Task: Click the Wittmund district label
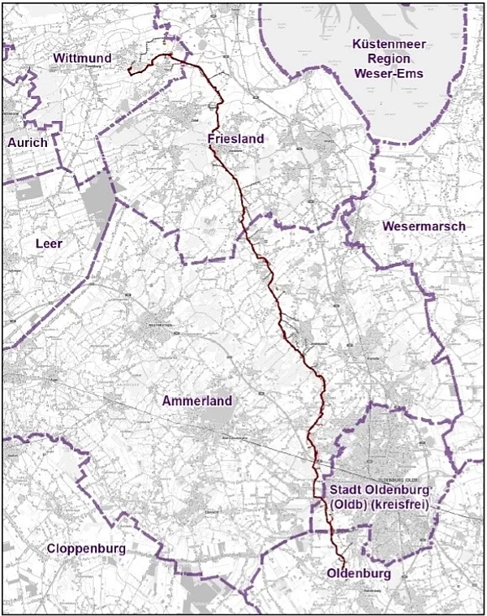(x=83, y=58)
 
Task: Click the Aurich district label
(x=28, y=142)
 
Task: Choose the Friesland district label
(x=235, y=139)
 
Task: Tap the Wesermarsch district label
(x=424, y=226)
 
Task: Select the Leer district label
(x=50, y=243)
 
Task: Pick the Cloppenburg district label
(x=86, y=549)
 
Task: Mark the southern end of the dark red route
(x=342, y=563)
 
